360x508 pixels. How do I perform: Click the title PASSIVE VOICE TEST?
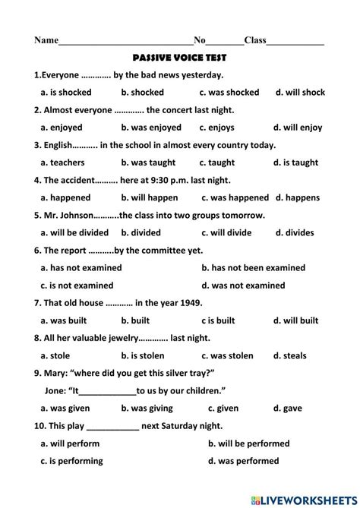point(179,58)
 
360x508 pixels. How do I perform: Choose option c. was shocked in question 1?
point(229,93)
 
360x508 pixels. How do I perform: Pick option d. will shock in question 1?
point(300,93)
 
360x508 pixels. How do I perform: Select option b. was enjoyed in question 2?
point(151,128)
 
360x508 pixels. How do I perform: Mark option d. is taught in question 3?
point(296,162)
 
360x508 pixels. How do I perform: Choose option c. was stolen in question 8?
point(226,355)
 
